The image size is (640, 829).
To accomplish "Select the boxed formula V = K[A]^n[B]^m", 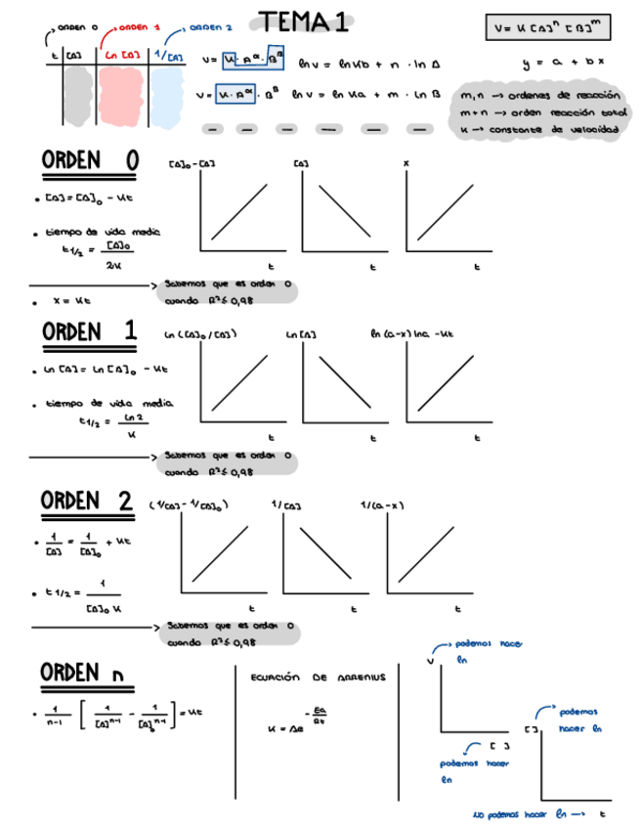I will click(x=547, y=27).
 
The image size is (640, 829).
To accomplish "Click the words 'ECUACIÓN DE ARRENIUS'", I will click(x=319, y=676).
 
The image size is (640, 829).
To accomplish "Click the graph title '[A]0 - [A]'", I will click(x=192, y=166).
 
